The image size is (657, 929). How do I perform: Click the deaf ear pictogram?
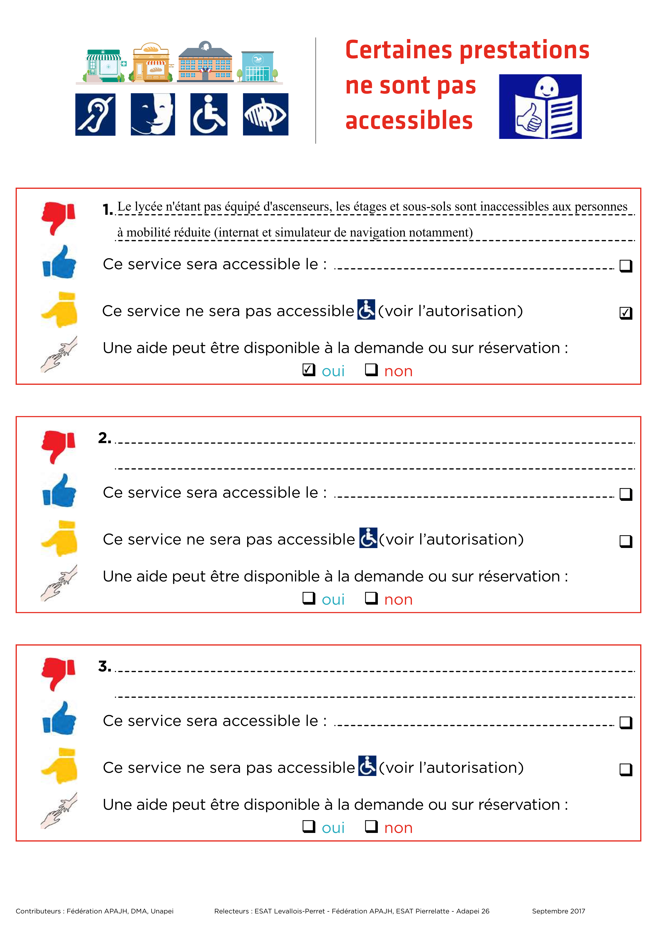click(x=95, y=115)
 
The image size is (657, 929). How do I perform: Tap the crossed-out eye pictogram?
click(x=265, y=115)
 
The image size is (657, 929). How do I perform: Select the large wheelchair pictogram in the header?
click(x=209, y=115)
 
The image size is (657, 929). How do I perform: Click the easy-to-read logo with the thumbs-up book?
click(x=540, y=106)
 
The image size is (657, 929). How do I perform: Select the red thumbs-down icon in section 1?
click(x=59, y=218)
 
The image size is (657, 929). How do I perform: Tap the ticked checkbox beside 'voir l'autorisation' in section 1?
click(x=626, y=313)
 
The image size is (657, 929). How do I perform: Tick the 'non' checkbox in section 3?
click(x=371, y=826)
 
